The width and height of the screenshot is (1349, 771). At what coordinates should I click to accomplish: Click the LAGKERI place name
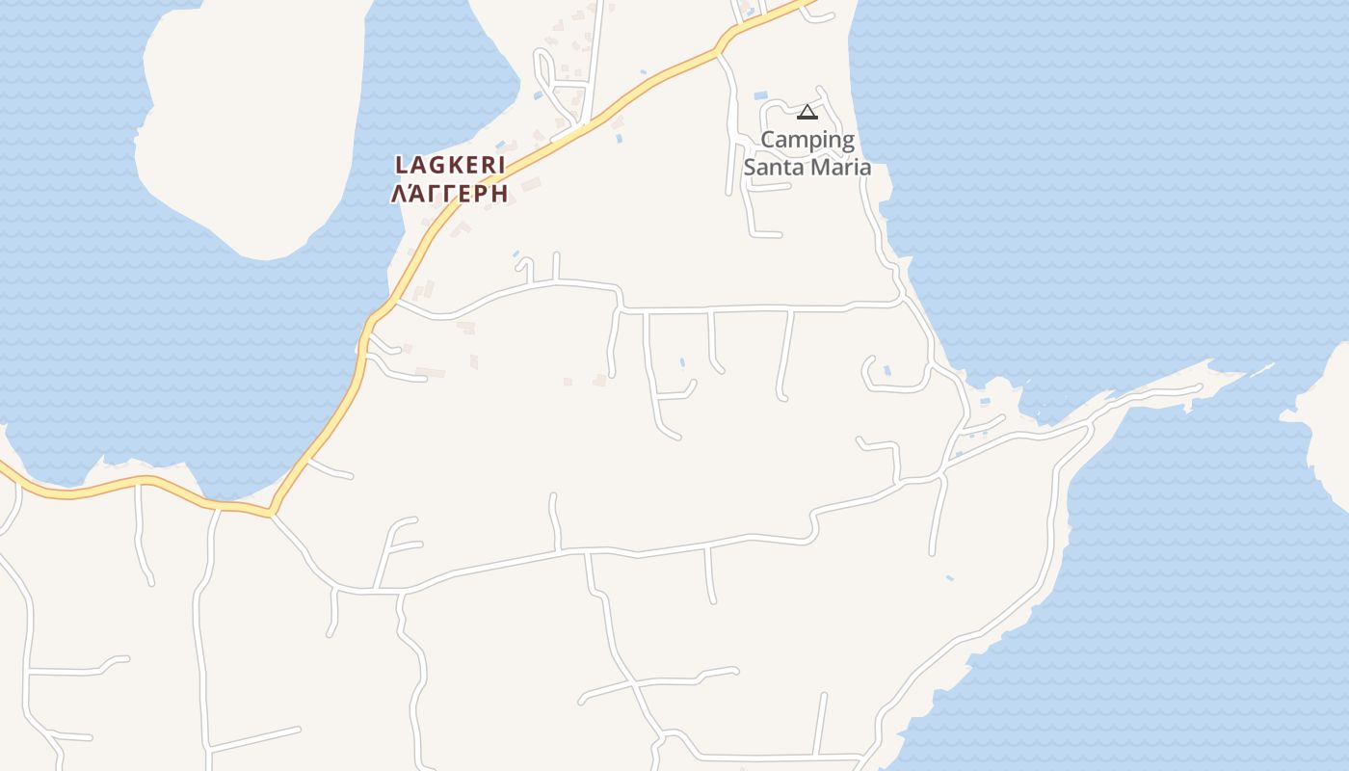click(x=450, y=165)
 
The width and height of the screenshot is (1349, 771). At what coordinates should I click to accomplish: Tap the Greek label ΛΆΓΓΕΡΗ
click(x=449, y=193)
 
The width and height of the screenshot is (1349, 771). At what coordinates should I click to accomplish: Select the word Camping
click(x=807, y=140)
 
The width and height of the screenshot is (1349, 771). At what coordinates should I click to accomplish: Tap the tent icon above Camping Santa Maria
click(x=807, y=113)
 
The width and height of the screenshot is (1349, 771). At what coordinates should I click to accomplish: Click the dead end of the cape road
click(x=1201, y=387)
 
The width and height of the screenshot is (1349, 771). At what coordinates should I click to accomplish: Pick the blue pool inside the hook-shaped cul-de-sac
click(x=886, y=370)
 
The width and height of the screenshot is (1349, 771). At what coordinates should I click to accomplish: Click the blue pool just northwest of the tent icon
click(x=760, y=96)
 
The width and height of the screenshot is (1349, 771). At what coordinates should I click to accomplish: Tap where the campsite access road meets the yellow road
click(x=720, y=51)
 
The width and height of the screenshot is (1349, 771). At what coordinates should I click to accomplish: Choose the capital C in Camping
click(x=768, y=140)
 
